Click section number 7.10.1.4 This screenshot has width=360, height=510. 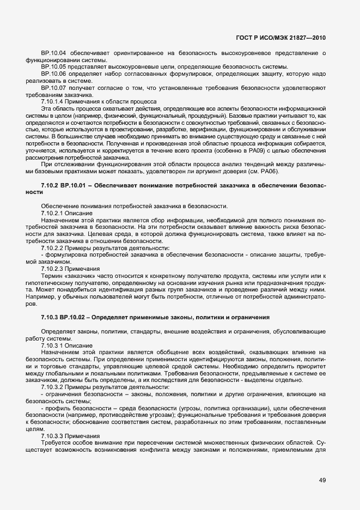coord(53,101)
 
